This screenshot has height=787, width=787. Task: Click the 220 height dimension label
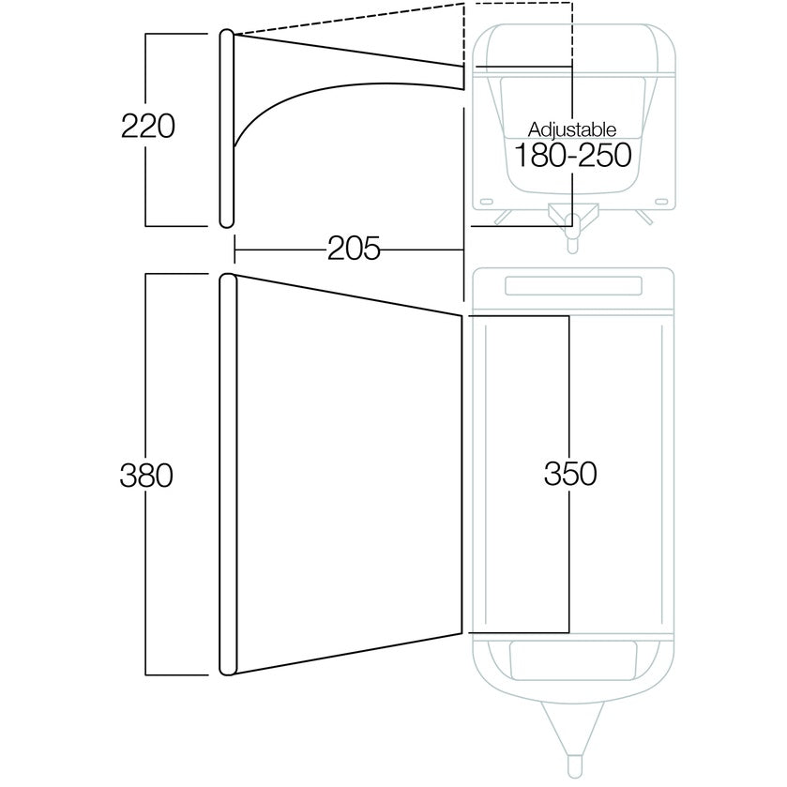click(148, 126)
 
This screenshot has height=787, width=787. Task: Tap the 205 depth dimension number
click(354, 249)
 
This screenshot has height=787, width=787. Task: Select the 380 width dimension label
click(146, 475)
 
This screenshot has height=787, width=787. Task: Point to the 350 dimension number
click(570, 474)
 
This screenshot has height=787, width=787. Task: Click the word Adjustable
click(571, 129)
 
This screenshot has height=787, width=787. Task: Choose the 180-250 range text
click(573, 155)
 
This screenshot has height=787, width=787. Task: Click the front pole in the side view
click(227, 129)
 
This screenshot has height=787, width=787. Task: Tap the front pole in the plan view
click(228, 475)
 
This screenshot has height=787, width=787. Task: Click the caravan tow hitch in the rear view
click(573, 226)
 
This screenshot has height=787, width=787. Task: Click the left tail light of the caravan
click(486, 202)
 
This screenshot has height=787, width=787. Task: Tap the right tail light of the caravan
click(661, 202)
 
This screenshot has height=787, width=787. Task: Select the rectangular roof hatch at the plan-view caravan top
click(573, 285)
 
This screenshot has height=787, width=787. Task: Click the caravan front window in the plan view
click(573, 660)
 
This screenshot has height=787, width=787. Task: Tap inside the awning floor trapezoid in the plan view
click(348, 475)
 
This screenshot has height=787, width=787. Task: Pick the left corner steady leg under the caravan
click(504, 217)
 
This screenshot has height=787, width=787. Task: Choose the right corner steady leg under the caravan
click(643, 217)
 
